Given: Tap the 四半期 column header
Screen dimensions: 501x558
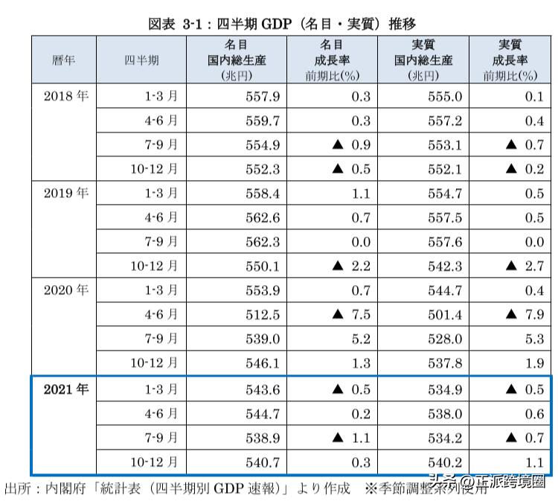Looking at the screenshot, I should [141, 61].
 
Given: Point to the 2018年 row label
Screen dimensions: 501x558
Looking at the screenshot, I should [65, 96].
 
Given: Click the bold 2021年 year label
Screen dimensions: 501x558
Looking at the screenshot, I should [65, 389].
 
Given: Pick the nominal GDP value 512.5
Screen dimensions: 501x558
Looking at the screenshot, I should [263, 315].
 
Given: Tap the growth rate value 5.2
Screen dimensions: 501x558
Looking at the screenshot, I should [360, 339].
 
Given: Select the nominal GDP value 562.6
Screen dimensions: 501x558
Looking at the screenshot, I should [263, 217].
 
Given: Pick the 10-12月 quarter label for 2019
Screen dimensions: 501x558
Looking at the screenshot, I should [154, 266].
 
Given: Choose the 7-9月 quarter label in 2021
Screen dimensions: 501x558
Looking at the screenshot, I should [161, 438].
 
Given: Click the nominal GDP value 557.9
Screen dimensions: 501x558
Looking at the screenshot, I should [263, 96].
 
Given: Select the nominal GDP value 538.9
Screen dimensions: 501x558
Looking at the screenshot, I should [263, 438].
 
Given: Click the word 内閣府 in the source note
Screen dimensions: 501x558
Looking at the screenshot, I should [65, 489].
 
